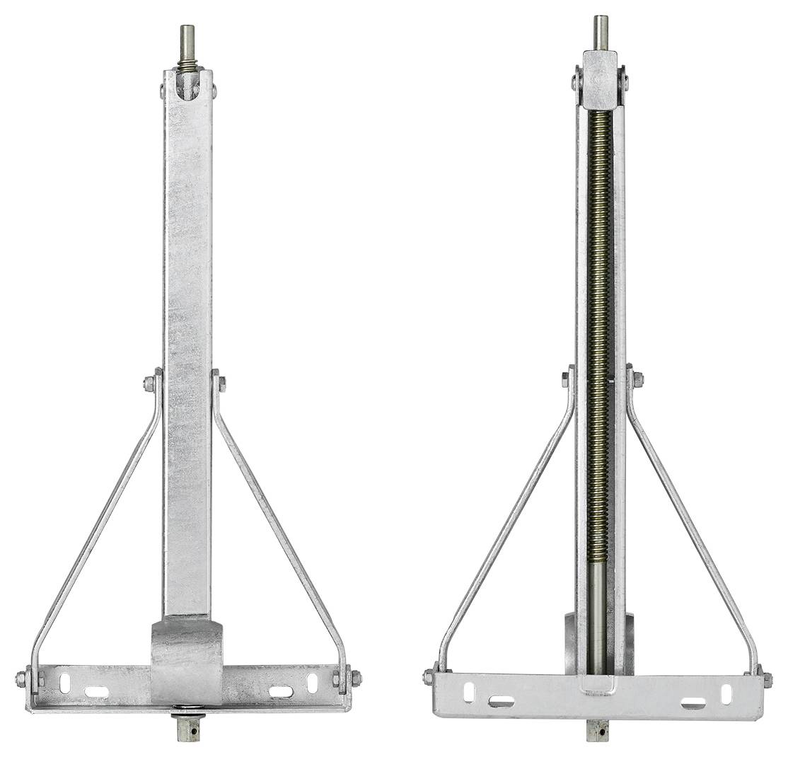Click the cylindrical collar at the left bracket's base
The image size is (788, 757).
click(187, 661)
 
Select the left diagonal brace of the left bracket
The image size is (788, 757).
click(99, 524)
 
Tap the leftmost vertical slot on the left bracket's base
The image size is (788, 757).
click(64, 683)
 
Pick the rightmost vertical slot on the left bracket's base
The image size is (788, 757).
click(312, 683)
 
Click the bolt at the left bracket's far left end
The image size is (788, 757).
click(21, 679)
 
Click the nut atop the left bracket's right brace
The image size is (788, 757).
click(221, 383)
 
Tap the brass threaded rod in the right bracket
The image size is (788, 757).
click(600, 318)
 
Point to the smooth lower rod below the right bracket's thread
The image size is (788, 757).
click(598, 616)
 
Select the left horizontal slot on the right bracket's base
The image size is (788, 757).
click(501, 702)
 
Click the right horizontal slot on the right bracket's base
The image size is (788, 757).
click(693, 703)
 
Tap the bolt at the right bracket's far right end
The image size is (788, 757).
click(767, 679)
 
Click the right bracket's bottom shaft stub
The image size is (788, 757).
click(598, 730)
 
